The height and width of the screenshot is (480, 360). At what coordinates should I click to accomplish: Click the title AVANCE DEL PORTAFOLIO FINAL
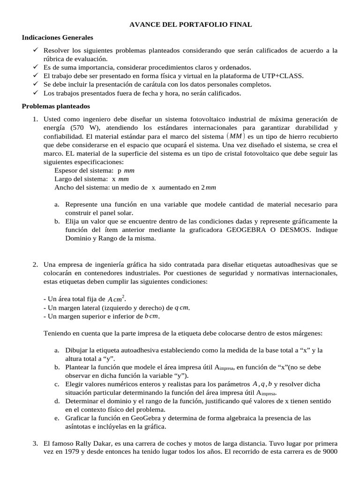tap(190, 24)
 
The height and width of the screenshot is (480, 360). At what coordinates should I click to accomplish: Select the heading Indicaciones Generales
tap(58, 37)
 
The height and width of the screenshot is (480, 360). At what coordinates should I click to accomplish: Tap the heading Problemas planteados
tap(56, 106)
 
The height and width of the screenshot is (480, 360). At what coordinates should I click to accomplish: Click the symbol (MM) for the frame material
tap(235, 136)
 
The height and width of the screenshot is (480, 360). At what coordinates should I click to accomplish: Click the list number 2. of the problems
tap(36, 264)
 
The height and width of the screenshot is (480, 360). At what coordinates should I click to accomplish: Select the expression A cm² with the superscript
tap(117, 299)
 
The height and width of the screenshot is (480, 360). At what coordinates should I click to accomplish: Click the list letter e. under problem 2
tap(57, 417)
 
